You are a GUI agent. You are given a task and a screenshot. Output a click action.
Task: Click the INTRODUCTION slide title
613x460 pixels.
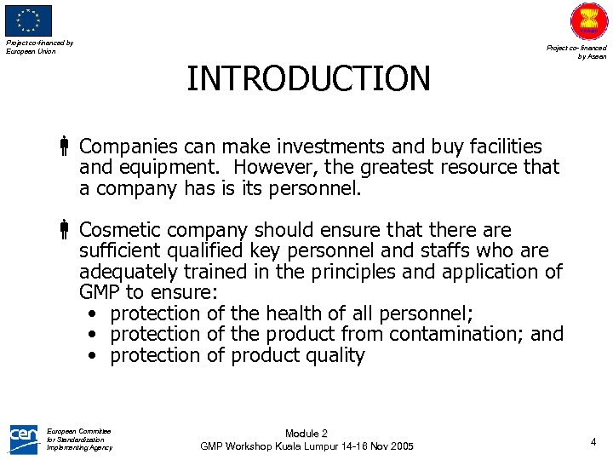point(308,78)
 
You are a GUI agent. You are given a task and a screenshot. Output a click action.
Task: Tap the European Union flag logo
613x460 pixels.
point(29,20)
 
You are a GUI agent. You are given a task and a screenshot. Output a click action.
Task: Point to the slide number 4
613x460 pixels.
point(593,441)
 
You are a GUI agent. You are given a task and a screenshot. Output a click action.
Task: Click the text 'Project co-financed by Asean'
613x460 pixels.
point(576,52)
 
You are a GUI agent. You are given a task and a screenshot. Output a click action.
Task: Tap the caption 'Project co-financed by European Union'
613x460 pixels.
point(39,47)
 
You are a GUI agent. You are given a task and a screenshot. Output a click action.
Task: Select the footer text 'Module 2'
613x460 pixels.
point(306,434)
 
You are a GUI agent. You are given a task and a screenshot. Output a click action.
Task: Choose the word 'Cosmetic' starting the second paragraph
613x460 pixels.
point(121,230)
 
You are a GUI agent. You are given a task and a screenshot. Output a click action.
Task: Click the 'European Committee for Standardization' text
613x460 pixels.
point(79,439)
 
